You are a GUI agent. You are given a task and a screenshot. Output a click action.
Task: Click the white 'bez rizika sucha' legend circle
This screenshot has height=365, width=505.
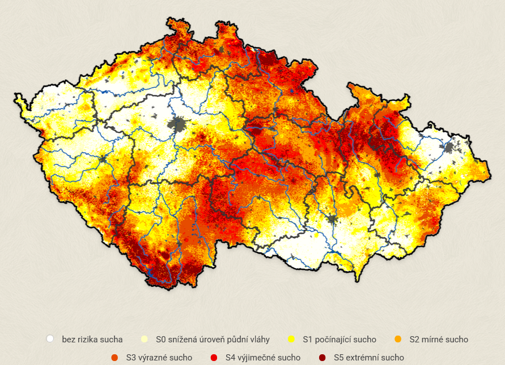[50, 339]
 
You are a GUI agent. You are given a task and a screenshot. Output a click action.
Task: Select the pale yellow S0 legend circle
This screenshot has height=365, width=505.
[144, 339]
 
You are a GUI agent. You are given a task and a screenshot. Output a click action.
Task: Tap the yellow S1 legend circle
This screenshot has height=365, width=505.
[291, 339]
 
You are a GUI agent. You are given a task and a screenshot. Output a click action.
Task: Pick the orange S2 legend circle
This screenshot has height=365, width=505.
[398, 339]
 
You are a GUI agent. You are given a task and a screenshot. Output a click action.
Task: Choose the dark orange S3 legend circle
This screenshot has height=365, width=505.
[114, 357]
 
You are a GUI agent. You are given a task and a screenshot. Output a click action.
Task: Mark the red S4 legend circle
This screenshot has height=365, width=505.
[214, 357]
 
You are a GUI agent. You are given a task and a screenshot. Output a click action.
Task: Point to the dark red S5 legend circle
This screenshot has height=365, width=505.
[322, 357]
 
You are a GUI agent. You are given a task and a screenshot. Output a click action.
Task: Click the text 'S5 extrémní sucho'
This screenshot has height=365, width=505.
[369, 357]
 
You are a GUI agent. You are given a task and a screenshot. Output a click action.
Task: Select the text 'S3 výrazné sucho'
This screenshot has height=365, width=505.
[159, 357]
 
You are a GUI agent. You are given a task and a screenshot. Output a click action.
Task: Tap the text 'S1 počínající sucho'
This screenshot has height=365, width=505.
[340, 339]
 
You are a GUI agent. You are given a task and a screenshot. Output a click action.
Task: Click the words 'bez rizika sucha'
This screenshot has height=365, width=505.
[92, 339]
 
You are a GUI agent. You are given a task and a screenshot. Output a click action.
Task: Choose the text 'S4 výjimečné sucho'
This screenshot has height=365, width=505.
[262, 357]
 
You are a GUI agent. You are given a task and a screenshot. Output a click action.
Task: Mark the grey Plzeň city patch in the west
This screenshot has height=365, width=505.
[104, 159]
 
